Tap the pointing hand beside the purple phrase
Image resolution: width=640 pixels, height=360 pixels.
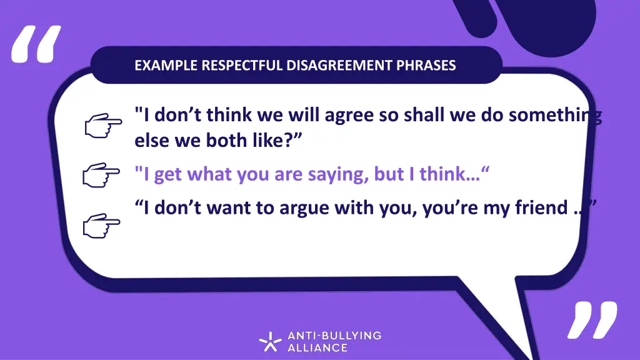coord(101,176)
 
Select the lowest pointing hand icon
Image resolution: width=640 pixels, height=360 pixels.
coord(101,224)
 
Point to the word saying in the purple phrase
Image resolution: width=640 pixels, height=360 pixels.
coord(337,175)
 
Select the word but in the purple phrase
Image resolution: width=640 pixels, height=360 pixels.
coord(388,175)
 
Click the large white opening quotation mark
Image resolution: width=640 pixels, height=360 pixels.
coord(37,45)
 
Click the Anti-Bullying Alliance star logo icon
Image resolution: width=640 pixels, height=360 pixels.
coord(271,341)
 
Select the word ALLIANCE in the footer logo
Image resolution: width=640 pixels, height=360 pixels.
coord(317,347)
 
